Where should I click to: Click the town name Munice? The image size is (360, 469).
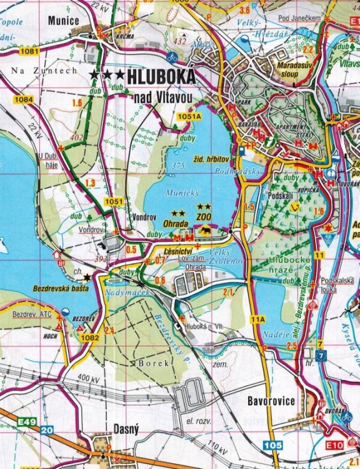[63, 21]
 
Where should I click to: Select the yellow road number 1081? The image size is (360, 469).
[29, 50]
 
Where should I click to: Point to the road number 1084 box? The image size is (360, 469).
[23, 99]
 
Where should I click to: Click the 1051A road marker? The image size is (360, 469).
[189, 116]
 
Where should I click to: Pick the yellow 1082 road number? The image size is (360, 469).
[90, 338]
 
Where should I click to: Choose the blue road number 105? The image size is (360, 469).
[272, 445]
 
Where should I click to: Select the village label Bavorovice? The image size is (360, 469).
[270, 401]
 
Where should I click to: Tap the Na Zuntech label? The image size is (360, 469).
[44, 71]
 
